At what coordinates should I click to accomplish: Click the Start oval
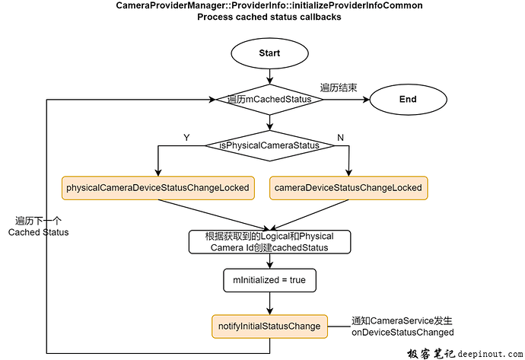click(x=269, y=53)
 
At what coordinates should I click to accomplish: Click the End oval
click(x=408, y=99)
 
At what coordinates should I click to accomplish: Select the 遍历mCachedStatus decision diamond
click(x=269, y=99)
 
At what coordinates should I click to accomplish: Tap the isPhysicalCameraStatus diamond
click(x=269, y=145)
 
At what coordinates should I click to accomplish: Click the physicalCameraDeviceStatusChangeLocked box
click(x=158, y=187)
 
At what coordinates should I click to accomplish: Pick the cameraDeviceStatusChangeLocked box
click(x=348, y=187)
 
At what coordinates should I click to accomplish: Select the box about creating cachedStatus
click(x=269, y=241)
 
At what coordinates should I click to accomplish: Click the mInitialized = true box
click(x=269, y=280)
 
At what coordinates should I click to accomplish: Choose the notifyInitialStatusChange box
click(x=269, y=326)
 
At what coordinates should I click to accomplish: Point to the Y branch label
click(x=186, y=137)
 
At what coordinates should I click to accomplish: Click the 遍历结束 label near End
click(x=339, y=88)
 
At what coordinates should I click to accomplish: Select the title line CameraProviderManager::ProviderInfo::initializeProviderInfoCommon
click(x=269, y=6)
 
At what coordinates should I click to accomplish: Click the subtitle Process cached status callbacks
click(x=269, y=17)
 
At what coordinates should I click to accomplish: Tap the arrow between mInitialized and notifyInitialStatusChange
click(x=269, y=302)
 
